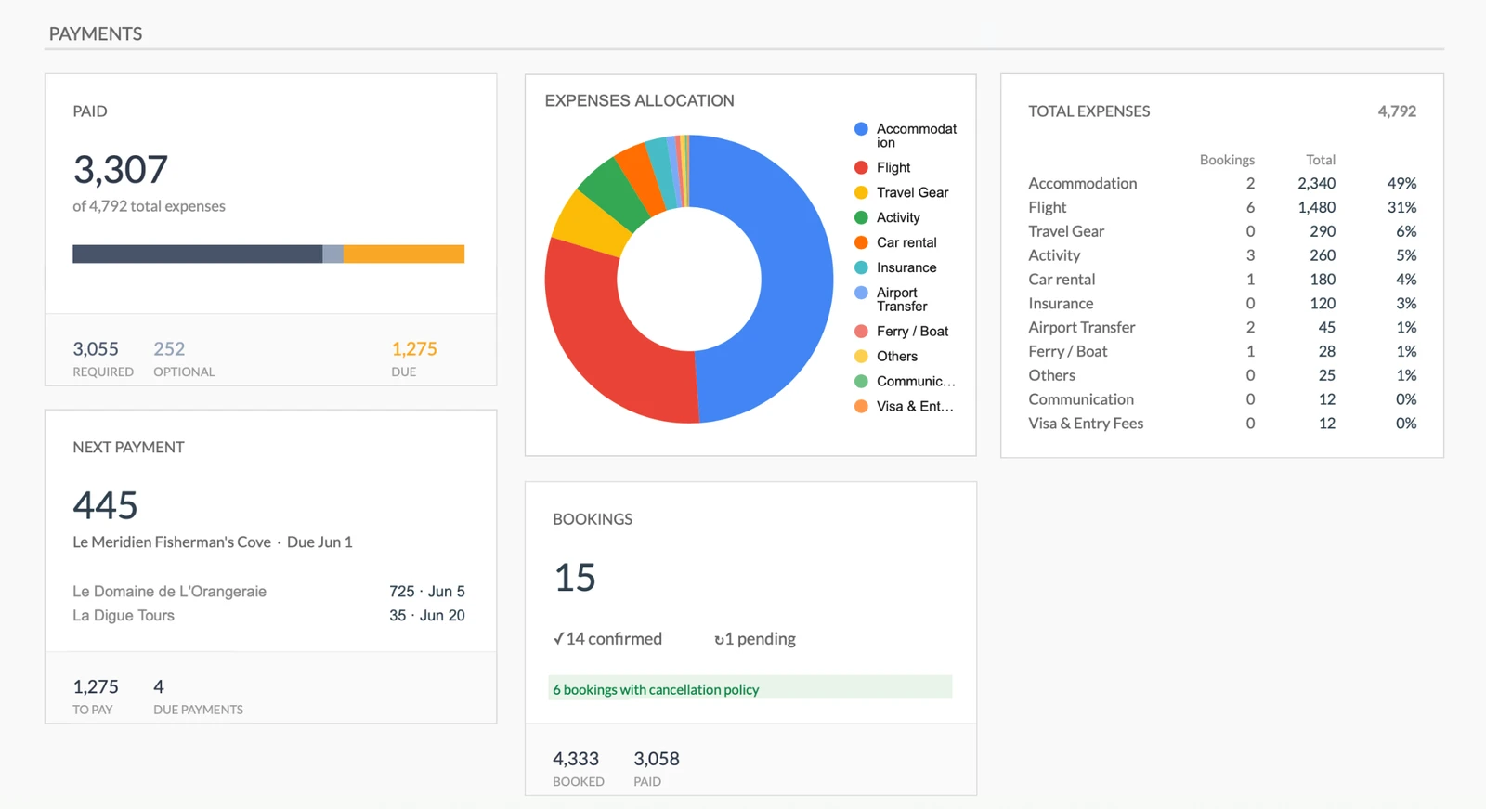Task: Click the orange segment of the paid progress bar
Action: (x=404, y=254)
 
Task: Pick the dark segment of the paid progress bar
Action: (x=197, y=254)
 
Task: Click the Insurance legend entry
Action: (x=906, y=267)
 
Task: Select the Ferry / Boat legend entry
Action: (x=911, y=331)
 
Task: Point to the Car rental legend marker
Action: (x=861, y=242)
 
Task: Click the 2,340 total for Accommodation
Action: (x=1316, y=183)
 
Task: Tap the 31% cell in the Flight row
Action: (x=1401, y=207)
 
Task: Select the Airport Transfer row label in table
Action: (x=1081, y=327)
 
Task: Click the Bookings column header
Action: (x=1226, y=160)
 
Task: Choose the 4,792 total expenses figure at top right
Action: (x=1396, y=111)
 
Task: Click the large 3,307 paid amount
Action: (x=121, y=170)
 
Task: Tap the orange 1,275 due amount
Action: (x=413, y=349)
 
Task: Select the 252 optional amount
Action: (x=169, y=349)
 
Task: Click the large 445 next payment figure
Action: (x=106, y=505)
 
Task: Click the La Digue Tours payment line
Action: (x=124, y=615)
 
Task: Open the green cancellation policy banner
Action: (x=750, y=689)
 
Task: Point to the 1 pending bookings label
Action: (x=756, y=639)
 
